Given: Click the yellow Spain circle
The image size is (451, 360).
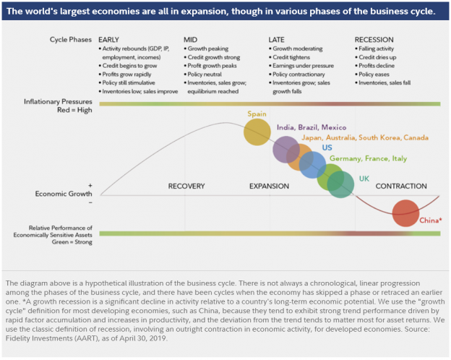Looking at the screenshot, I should point(257,132).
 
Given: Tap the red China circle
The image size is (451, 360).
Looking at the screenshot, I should point(405,213).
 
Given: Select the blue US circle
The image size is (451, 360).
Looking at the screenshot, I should point(312,165).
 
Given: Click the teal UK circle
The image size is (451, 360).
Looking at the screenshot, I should point(340,184).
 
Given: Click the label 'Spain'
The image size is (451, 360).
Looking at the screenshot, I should point(257,113).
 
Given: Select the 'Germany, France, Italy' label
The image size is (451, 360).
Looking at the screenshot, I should point(368,158).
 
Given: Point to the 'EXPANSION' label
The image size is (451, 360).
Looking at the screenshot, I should point(269,187).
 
